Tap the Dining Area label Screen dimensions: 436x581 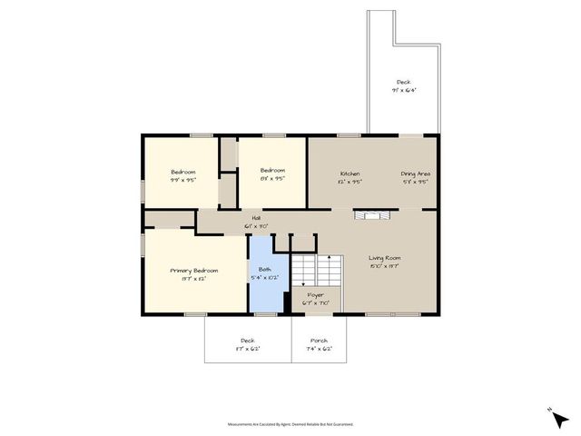[x=416, y=173]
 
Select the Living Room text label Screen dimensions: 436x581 [x=386, y=258]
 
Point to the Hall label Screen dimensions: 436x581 [x=257, y=218]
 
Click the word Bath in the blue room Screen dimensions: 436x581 [x=264, y=269]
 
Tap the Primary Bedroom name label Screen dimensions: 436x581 [x=194, y=271]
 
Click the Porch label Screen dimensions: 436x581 [x=320, y=341]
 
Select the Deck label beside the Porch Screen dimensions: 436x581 [x=247, y=341]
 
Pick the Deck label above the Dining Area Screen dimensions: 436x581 [x=403, y=82]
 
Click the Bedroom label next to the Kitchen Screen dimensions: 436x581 [x=272, y=171]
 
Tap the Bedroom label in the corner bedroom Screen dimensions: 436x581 [x=183, y=172]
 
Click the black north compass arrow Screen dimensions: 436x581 [x=553, y=412]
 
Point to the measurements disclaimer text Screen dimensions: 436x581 [x=290, y=423]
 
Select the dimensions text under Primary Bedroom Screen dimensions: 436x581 [x=194, y=279]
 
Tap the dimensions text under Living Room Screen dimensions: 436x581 [x=386, y=266]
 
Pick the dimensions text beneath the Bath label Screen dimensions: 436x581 [x=264, y=277]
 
